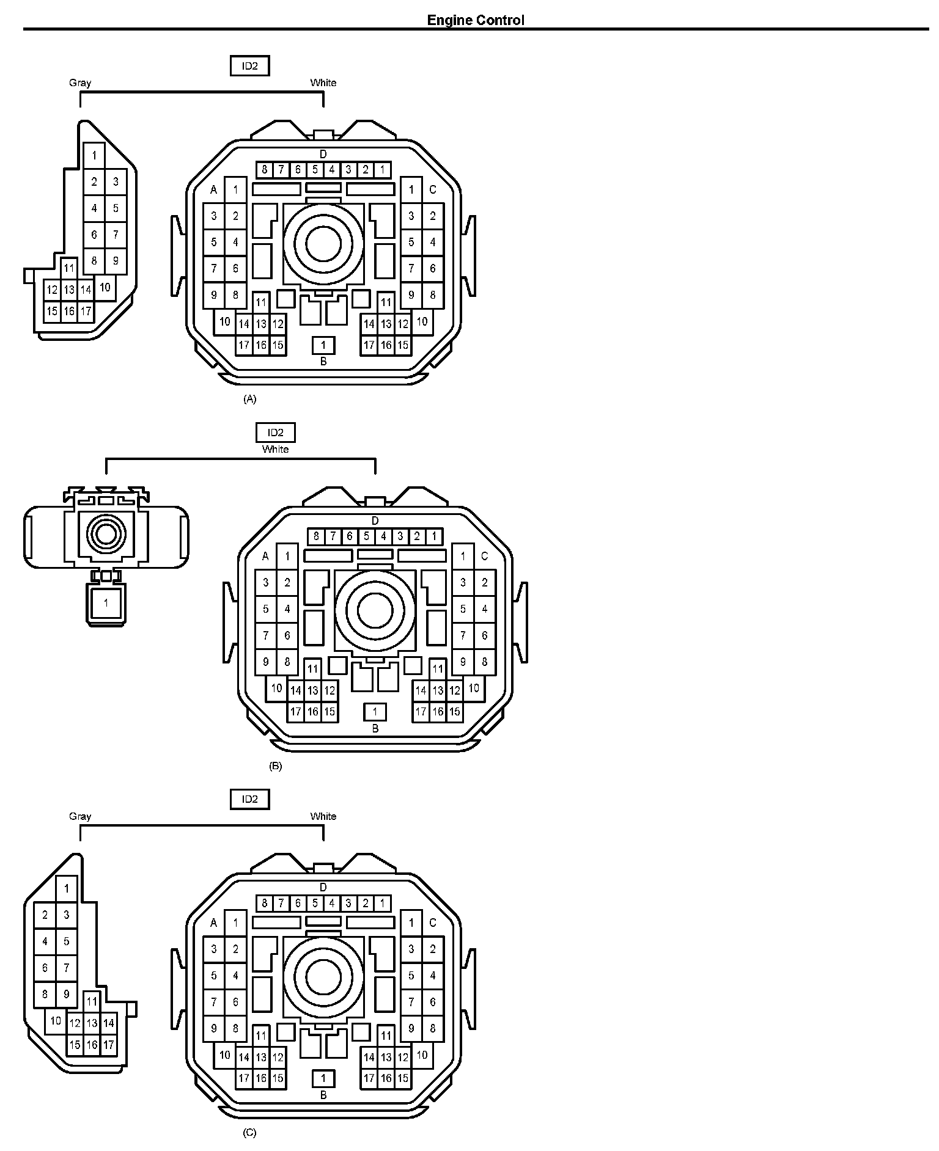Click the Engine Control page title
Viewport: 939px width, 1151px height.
coord(475,20)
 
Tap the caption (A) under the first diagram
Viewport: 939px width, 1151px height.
coord(249,399)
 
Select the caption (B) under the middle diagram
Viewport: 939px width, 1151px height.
coord(275,766)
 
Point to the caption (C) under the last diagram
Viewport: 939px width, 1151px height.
coord(249,1132)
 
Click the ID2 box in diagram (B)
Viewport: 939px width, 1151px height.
coord(275,433)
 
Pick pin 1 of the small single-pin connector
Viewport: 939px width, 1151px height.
coord(106,603)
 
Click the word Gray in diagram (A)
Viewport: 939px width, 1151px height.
coord(80,82)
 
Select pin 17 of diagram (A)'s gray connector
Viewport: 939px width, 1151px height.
coord(86,312)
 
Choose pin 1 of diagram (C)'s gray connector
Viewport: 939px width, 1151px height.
coord(67,889)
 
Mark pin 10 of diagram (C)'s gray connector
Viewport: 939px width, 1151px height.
coord(56,1020)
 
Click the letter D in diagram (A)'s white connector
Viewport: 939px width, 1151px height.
coord(323,155)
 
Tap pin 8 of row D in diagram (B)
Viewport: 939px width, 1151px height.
coord(316,536)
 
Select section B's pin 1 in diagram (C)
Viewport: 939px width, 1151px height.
coord(323,1078)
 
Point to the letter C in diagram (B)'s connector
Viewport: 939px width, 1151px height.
coord(485,557)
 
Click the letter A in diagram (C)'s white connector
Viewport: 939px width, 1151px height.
coord(213,923)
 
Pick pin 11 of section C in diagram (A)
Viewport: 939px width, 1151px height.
coord(386,302)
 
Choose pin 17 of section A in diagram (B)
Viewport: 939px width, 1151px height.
coord(296,712)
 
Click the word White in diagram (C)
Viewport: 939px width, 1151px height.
coord(323,816)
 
